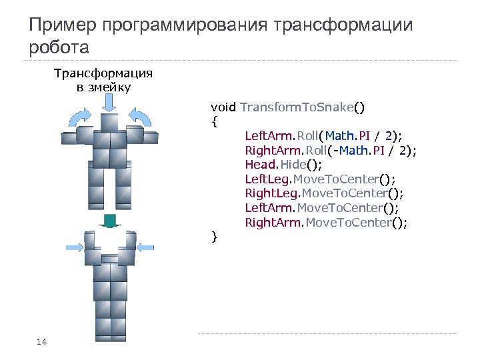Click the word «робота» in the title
tap(59, 48)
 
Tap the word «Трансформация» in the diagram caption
tap(103, 73)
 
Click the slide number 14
tap(41, 342)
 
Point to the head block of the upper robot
tap(109, 123)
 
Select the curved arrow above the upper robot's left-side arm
tap(78, 117)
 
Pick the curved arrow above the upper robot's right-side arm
tap(140, 115)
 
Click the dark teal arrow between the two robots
tap(109, 222)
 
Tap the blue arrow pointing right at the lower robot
tap(75, 246)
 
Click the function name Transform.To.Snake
tap(297, 107)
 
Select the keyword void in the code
tap(223, 107)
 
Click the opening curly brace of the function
tap(214, 122)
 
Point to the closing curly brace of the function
tap(214, 236)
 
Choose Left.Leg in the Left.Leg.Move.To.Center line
tap(265, 179)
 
